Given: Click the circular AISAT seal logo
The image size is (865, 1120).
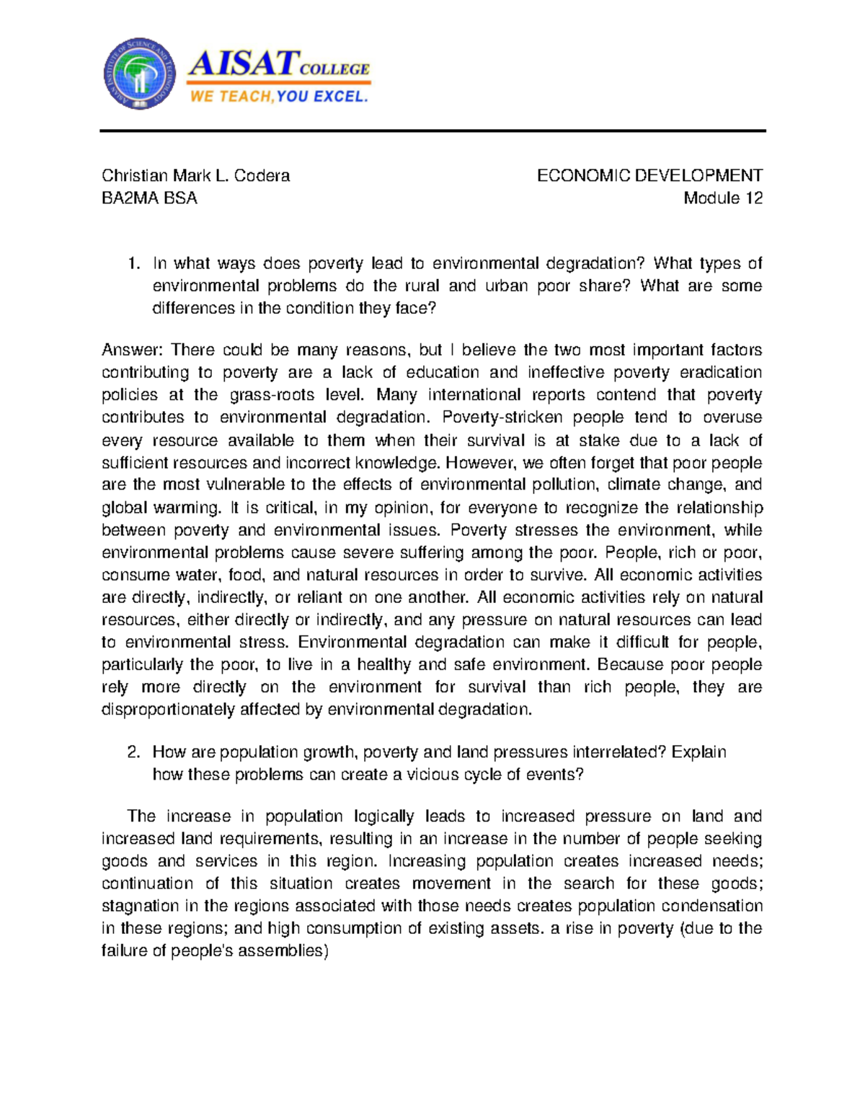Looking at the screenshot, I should (139, 73).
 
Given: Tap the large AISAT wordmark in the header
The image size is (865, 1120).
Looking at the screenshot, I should (243, 63).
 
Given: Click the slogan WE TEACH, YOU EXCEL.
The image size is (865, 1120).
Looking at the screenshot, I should (278, 97).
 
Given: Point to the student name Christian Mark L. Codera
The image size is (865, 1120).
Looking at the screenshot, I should (195, 175).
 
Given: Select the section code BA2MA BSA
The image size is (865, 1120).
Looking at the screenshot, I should (149, 198).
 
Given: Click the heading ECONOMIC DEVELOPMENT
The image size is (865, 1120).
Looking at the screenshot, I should (649, 175).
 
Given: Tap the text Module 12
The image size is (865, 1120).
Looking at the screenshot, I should (723, 198).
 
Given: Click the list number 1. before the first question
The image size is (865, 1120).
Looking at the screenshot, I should (133, 263).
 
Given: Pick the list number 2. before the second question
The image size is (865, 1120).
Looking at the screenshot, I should (133, 751).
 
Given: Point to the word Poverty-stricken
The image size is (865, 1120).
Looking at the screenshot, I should (502, 417).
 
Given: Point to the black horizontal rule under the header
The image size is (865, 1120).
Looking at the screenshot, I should (432, 131).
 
